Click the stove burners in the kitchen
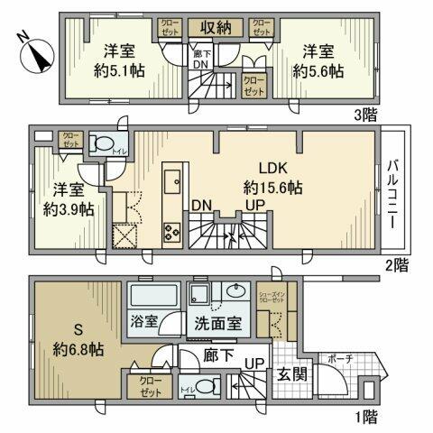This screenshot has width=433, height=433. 170,233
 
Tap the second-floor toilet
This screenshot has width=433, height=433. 102,145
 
